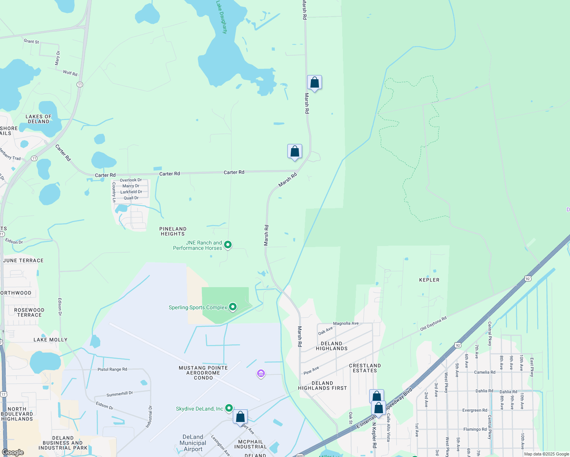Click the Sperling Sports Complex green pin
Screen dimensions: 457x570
point(233,307)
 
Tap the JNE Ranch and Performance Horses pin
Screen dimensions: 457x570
point(228,245)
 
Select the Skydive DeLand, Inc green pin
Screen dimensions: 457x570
point(229,408)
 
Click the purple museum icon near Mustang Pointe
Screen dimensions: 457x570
point(261,374)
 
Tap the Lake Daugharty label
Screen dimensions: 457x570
point(222,17)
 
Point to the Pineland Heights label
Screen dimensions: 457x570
point(173,231)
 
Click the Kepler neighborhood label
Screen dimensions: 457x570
point(429,280)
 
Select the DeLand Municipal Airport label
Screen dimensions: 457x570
point(193,443)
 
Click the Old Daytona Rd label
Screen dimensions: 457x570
point(433,324)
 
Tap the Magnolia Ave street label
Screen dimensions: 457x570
point(346,323)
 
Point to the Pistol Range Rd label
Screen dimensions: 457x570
point(112,369)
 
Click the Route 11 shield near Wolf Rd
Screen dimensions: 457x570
point(80,84)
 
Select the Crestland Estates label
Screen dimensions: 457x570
point(365,368)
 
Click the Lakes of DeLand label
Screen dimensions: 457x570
point(38,119)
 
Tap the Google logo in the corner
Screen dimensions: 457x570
point(13,452)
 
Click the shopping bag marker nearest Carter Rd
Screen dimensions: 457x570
point(295,152)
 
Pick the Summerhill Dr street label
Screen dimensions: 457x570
point(120,394)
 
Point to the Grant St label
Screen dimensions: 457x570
point(31,41)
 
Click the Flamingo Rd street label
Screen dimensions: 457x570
point(475,429)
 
